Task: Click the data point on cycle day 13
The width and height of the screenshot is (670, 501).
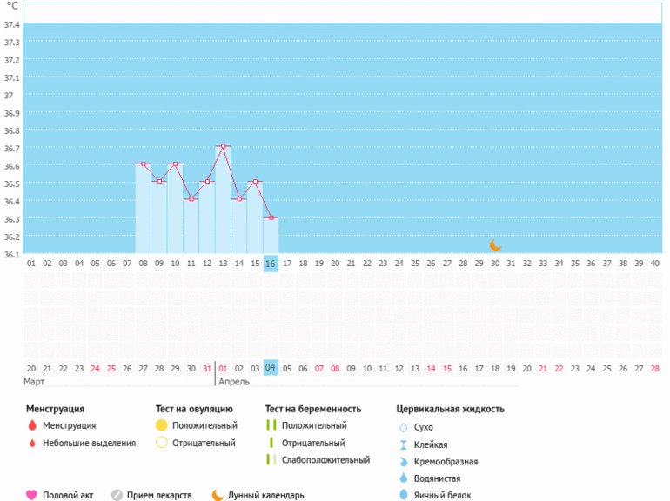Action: point(224,146)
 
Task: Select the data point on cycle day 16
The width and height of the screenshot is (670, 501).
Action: point(271,217)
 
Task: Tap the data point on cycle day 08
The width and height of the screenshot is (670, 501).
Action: point(144,164)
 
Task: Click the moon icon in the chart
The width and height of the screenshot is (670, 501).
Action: point(495,245)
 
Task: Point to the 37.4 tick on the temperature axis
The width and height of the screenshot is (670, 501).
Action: point(12,24)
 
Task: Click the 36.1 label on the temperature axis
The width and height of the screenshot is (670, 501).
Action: point(12,254)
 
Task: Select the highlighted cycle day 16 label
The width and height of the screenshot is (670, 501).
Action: point(271,263)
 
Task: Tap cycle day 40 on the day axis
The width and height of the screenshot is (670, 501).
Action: point(655,263)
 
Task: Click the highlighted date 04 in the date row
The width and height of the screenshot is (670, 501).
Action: point(271,368)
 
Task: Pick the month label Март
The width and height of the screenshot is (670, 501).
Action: point(35,382)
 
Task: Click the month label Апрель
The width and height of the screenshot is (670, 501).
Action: point(234,382)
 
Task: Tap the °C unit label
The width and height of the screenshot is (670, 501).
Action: point(12,6)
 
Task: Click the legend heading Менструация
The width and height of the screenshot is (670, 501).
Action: point(56,408)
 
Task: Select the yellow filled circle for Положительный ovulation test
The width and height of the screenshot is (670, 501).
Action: point(161,425)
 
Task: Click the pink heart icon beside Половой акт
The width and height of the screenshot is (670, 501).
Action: point(31,495)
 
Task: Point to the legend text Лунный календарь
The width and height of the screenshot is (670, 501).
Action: point(265,495)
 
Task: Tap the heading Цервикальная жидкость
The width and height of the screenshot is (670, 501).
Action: point(450,408)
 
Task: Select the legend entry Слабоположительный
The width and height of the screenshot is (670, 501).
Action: point(325,460)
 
